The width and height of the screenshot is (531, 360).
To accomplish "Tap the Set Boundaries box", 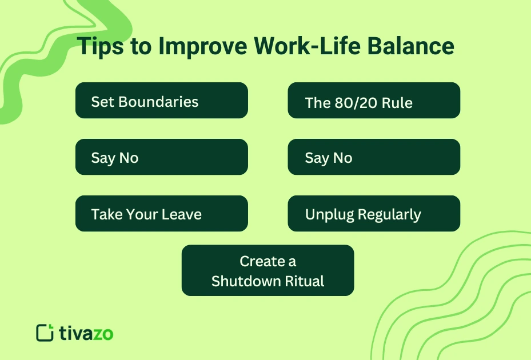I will point(161,101).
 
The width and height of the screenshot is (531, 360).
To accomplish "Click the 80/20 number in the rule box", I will point(349,103).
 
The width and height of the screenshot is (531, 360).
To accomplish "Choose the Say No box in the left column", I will point(161,157).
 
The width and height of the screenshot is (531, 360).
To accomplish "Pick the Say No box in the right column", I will point(373,157).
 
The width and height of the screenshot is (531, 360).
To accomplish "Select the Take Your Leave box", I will point(161,214).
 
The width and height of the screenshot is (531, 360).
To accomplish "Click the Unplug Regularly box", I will point(373,214).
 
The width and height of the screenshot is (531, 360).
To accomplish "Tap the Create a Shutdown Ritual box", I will point(268,270).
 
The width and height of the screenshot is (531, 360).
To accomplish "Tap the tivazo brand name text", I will point(86,333).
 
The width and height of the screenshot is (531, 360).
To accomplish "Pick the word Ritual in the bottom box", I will point(305,281).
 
